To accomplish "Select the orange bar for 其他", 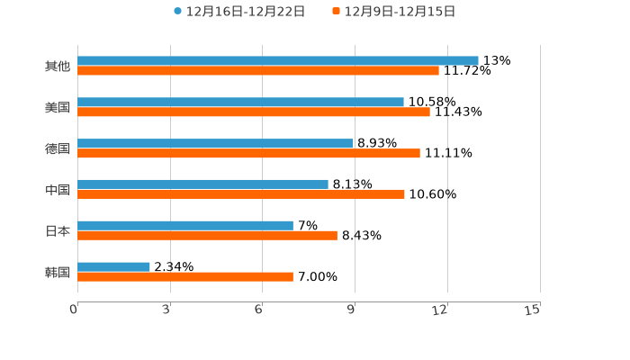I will [257, 70].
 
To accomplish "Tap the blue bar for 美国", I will [240, 102].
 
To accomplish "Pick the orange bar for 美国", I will [253, 112].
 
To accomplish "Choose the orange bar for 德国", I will [248, 153].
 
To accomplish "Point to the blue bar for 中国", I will [202, 184].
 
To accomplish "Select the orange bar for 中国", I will [240, 193].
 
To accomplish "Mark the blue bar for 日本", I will [184, 225].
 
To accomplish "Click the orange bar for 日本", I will [207, 235].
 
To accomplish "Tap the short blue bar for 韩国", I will [113, 266].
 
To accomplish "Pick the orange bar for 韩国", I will [184, 276].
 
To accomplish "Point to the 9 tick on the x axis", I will [353, 310].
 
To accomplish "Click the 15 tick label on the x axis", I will [533, 310].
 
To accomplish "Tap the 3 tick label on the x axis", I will [167, 310].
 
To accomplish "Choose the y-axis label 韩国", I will [58, 272].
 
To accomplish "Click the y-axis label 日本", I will [58, 230].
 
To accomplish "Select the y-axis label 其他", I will [58, 66].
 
